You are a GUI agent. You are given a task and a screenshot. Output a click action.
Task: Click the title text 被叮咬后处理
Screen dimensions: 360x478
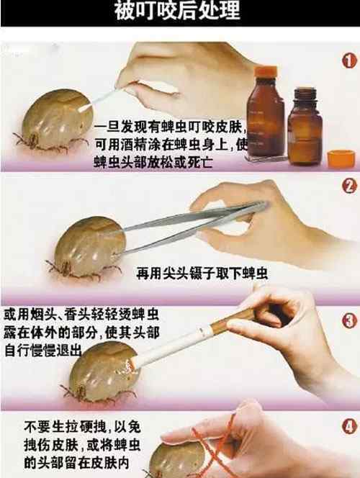pyautogui.click(x=177, y=11)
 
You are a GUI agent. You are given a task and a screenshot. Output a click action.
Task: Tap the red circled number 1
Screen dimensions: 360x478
pyautogui.click(x=349, y=60)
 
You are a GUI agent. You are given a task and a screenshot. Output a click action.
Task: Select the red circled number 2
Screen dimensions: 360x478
pyautogui.click(x=349, y=186)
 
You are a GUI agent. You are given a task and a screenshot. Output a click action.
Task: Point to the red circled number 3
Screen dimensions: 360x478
pyautogui.click(x=349, y=320)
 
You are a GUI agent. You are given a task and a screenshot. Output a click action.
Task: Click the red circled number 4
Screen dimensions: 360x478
pyautogui.click(x=349, y=426)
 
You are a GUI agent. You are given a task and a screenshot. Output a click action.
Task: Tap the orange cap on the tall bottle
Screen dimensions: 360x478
pyautogui.click(x=266, y=71)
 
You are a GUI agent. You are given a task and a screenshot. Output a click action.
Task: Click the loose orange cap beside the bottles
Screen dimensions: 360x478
pyautogui.click(x=341, y=158)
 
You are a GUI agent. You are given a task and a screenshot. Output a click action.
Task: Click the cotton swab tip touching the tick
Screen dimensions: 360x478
pyautogui.click(x=85, y=107)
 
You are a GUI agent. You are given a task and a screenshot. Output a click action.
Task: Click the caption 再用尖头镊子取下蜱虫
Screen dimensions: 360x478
pyautogui.click(x=202, y=273)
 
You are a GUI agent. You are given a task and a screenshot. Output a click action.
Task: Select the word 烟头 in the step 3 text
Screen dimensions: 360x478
pyautogui.click(x=42, y=315)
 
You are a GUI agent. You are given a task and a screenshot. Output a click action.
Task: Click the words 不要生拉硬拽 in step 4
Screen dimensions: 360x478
pyautogui.click(x=65, y=427)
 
